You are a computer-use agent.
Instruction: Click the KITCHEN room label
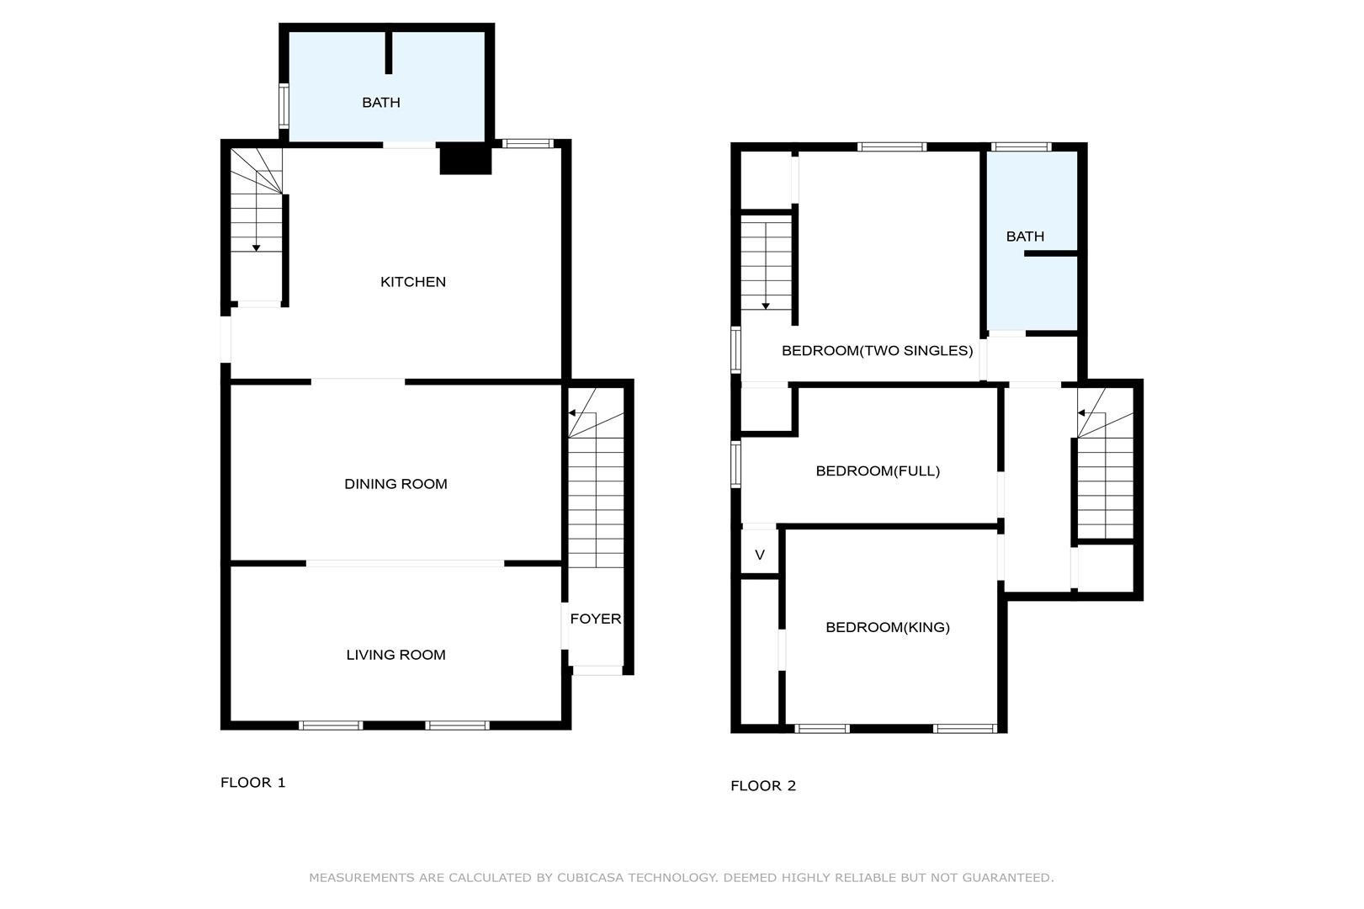(x=413, y=281)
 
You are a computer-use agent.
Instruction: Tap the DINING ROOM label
(x=395, y=484)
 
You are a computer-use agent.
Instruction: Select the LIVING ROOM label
(x=395, y=655)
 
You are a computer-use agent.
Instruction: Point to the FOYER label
(x=596, y=619)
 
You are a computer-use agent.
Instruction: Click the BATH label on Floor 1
(x=381, y=103)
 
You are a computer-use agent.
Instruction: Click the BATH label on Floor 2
(x=1026, y=237)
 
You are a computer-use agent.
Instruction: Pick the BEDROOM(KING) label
(x=888, y=628)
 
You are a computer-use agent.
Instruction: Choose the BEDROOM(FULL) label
(x=878, y=471)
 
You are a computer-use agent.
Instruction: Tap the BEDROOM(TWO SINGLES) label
(x=878, y=351)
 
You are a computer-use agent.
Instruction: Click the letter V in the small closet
(x=759, y=555)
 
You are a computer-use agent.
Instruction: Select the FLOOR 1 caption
(x=252, y=782)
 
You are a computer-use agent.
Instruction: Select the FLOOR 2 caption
(x=763, y=786)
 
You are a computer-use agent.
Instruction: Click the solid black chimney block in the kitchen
(x=465, y=160)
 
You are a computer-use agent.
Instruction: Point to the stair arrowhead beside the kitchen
(x=257, y=248)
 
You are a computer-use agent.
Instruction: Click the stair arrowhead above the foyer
(x=572, y=413)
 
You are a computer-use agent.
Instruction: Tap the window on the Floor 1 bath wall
(x=284, y=105)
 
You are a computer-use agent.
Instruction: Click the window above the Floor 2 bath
(x=1022, y=146)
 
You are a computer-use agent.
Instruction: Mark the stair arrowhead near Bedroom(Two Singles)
(x=766, y=306)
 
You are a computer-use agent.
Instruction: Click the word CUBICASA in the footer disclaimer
(x=590, y=878)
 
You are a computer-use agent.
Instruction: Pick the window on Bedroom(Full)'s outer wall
(x=735, y=465)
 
